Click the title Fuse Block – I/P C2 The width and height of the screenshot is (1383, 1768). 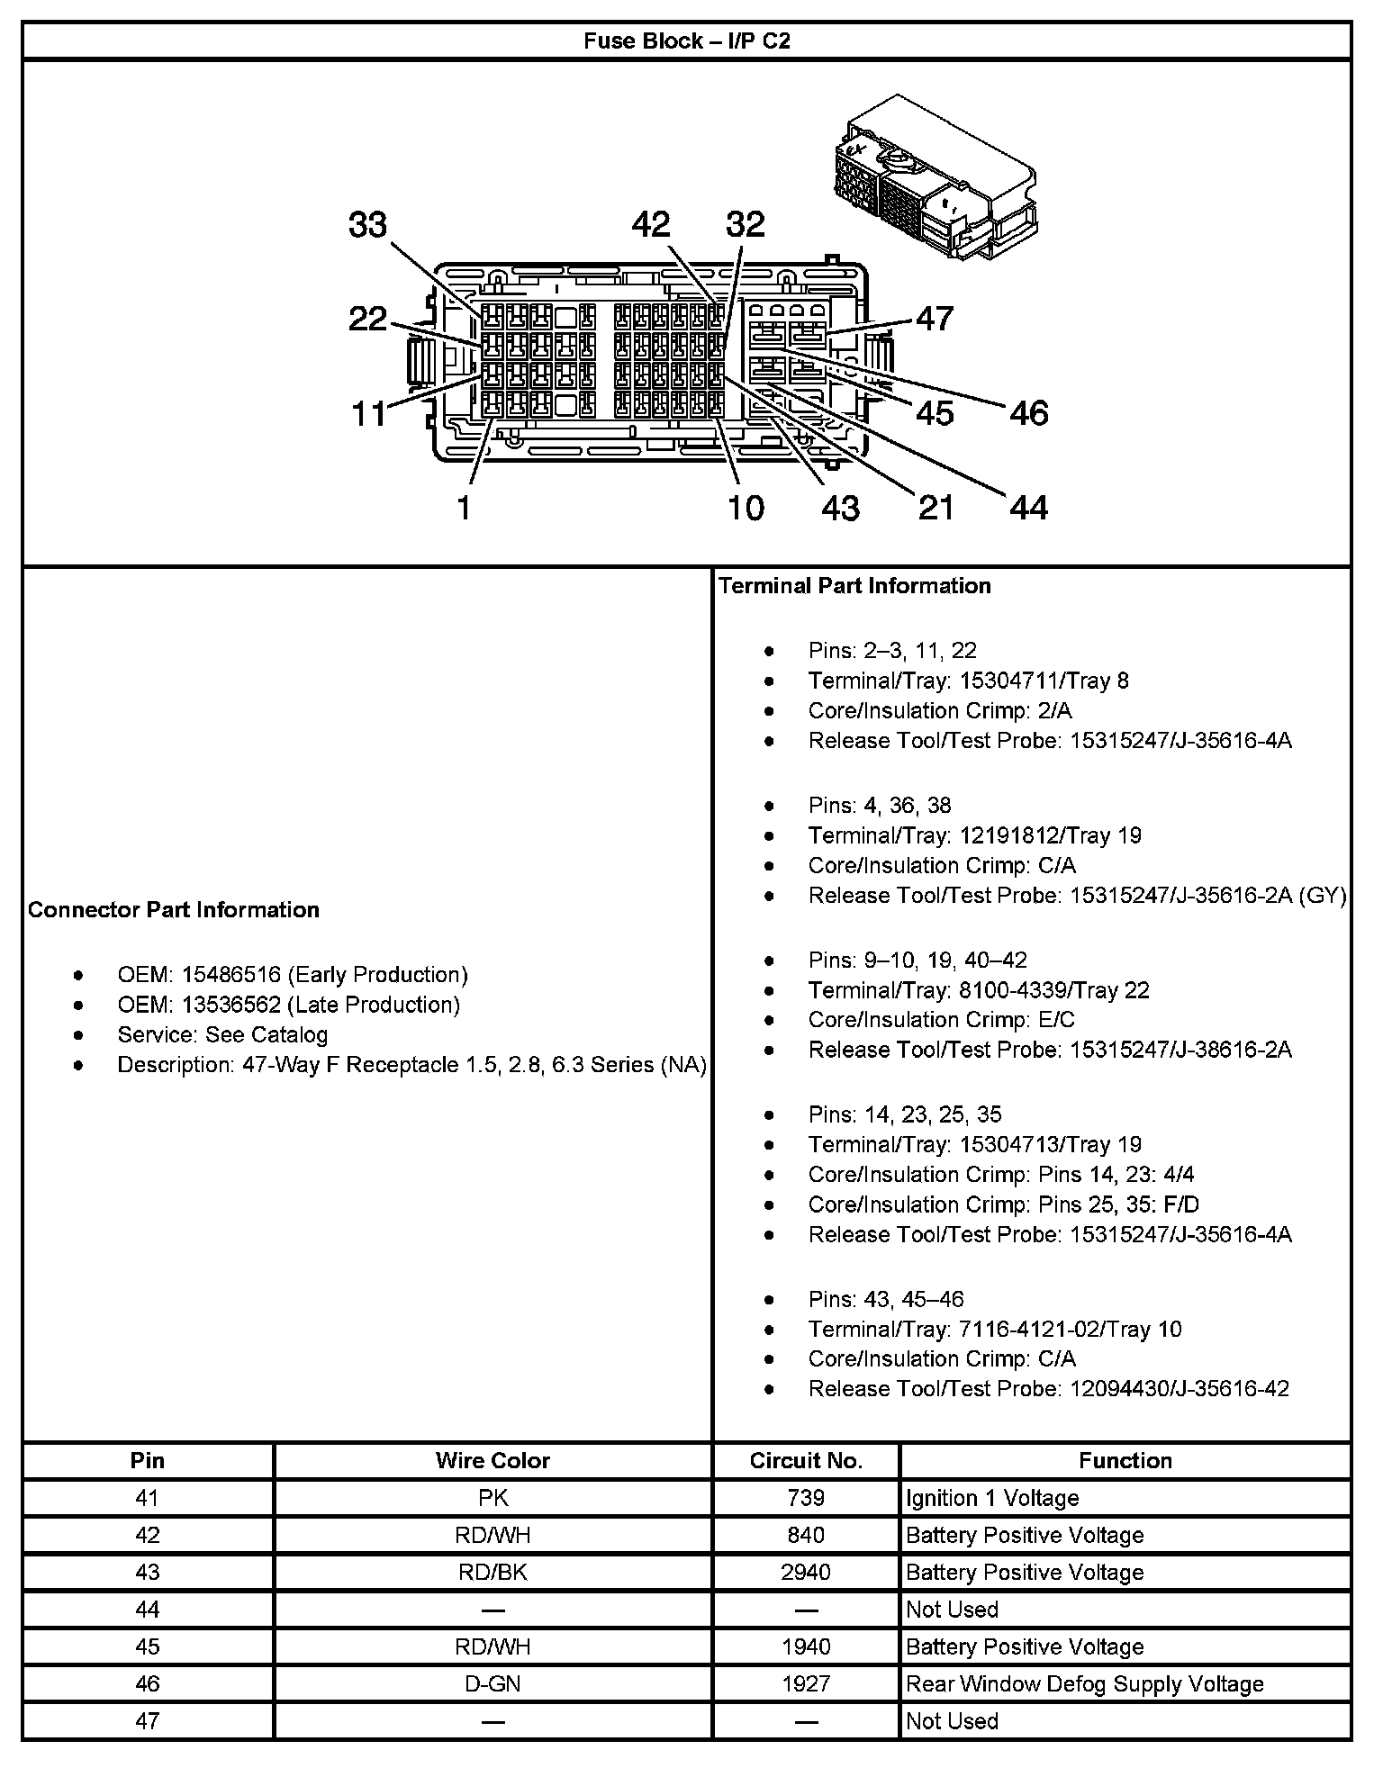(687, 41)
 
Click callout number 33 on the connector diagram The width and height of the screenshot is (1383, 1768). (367, 225)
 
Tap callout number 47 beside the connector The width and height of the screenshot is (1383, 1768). (935, 318)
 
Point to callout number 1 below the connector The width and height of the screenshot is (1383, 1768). (464, 509)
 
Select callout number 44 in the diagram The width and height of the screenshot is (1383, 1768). (1028, 509)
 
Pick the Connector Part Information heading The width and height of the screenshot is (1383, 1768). (174, 909)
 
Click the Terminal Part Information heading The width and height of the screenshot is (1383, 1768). (854, 585)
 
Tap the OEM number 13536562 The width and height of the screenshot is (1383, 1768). (231, 1005)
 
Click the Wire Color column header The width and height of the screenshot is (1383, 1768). (493, 1460)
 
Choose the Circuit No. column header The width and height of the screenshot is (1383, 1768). (806, 1460)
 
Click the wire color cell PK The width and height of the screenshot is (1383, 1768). (493, 1498)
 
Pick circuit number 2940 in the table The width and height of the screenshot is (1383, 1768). (806, 1572)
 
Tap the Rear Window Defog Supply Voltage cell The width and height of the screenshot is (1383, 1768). (1085, 1683)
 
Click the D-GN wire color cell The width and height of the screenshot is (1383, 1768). (493, 1683)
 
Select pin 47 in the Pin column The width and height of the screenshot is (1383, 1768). (147, 1720)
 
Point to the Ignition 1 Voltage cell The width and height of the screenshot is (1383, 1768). (992, 1498)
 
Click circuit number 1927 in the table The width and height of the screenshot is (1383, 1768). (806, 1683)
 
